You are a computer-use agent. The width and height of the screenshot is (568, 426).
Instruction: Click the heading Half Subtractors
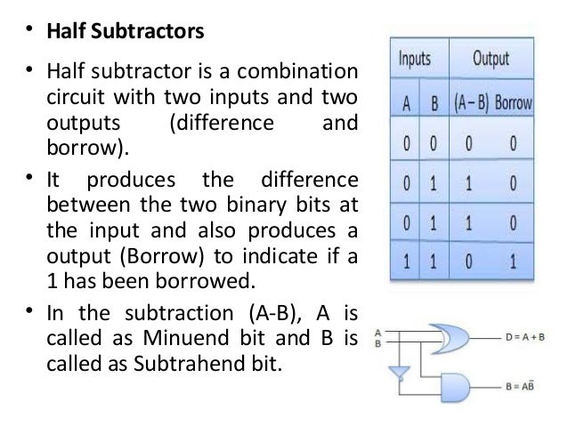point(124,32)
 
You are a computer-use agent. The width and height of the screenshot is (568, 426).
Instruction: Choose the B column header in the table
point(434,103)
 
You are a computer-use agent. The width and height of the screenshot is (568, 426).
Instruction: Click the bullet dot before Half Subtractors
point(28,34)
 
